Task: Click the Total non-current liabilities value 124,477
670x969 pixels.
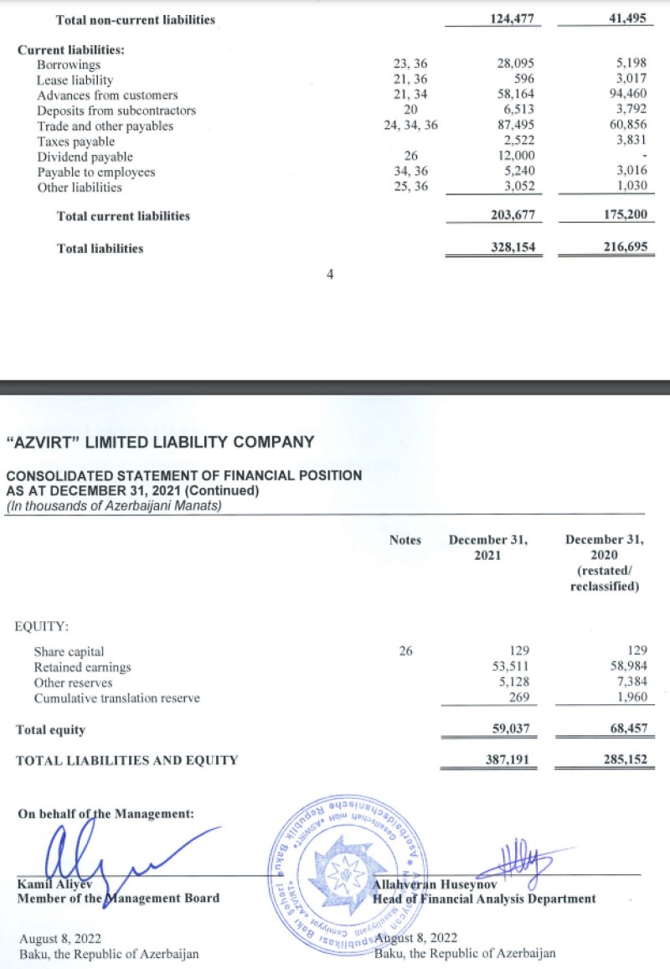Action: pos(511,19)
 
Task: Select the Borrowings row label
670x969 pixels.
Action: pos(69,65)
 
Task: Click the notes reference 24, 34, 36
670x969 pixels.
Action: pos(410,126)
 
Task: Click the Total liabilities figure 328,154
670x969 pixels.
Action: pos(511,248)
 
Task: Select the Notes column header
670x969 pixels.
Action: pos(405,540)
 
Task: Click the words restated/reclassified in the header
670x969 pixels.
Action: pos(605,578)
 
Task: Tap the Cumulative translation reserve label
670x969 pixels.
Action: pos(117,697)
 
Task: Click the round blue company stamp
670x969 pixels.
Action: pos(344,877)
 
